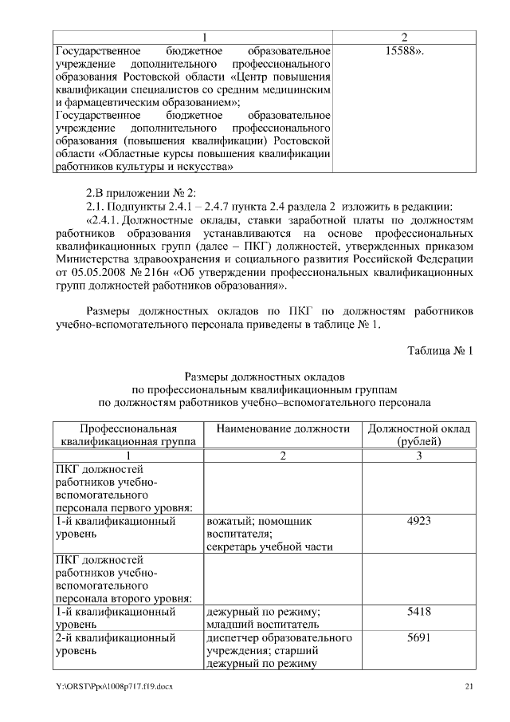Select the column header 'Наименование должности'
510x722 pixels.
point(283,428)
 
